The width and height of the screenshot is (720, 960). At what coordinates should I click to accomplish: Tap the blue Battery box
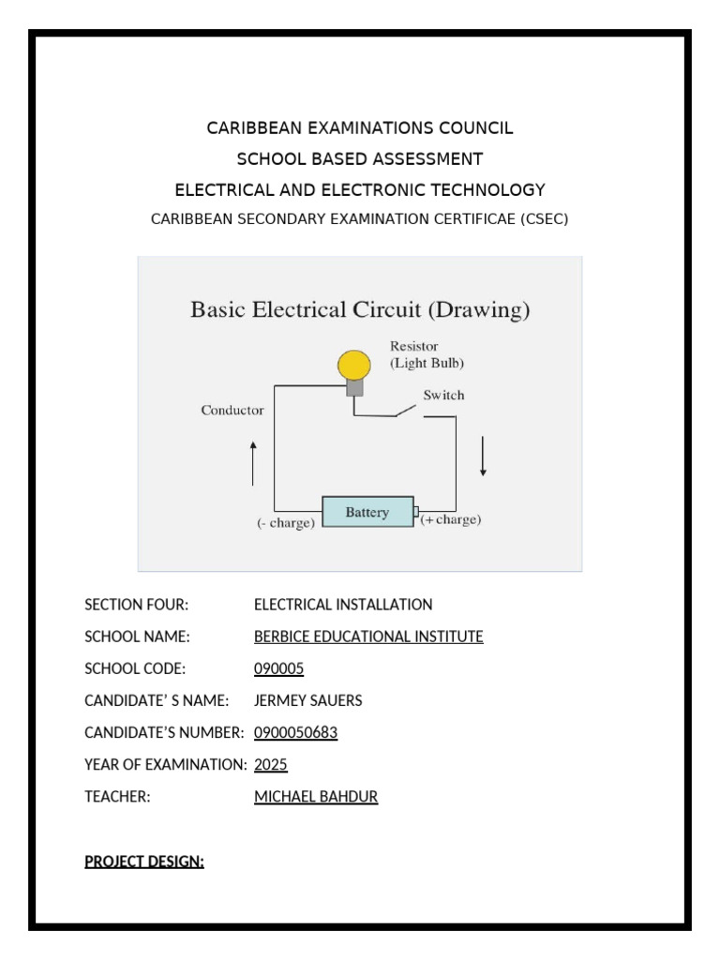[367, 513]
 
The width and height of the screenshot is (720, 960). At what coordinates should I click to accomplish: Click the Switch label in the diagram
[443, 396]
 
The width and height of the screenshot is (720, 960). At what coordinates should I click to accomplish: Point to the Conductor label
[232, 411]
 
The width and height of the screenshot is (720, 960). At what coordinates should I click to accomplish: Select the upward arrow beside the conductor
[253, 464]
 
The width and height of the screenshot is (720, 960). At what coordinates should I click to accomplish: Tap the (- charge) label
[286, 523]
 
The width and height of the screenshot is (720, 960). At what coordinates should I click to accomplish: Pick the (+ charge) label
[451, 519]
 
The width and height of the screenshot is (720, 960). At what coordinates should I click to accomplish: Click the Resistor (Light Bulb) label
[427, 353]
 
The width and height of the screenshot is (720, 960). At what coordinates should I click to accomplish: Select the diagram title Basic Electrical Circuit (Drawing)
[360, 308]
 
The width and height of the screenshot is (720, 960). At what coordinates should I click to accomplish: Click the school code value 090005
[278, 668]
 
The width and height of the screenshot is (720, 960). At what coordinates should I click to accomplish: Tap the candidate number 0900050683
[295, 732]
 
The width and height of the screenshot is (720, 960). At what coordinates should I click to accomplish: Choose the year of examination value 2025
[270, 764]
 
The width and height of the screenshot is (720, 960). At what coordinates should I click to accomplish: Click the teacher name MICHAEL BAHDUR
[316, 797]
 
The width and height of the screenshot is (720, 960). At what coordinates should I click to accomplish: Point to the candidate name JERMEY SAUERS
[307, 700]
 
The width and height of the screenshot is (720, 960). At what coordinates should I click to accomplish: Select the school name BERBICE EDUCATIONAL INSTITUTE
[368, 637]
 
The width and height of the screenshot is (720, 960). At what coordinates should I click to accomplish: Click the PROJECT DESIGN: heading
[144, 862]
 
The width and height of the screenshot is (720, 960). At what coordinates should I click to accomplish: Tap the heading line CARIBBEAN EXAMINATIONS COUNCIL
[360, 127]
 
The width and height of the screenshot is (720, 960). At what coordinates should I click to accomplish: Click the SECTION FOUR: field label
[137, 605]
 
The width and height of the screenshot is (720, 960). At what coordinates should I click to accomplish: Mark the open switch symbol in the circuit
[406, 411]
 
